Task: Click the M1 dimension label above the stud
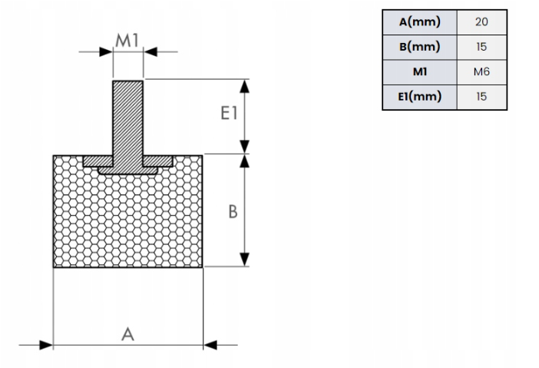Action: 127,40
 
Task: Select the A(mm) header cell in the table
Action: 419,22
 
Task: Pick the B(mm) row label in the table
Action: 419,47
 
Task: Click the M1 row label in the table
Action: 419,72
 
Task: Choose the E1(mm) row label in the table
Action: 419,98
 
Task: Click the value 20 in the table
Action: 481,22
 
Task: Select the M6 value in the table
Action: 481,72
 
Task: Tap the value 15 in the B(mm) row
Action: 481,47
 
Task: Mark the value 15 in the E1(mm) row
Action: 481,98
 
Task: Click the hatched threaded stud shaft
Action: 128,115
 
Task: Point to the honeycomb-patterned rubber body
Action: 127,223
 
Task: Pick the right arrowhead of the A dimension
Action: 210,345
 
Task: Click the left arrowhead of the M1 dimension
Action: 107,52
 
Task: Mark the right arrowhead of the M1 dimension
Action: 150,52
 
